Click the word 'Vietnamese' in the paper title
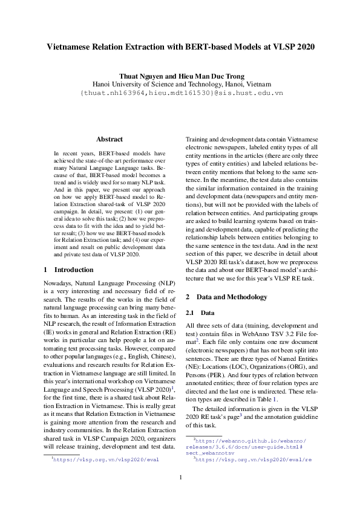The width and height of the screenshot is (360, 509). click(71, 47)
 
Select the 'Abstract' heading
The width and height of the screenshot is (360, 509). click(110, 139)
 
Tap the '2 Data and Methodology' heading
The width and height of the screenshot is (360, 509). click(226, 297)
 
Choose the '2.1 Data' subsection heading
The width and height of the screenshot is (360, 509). click(199, 313)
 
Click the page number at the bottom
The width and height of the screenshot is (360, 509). click(180, 478)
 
